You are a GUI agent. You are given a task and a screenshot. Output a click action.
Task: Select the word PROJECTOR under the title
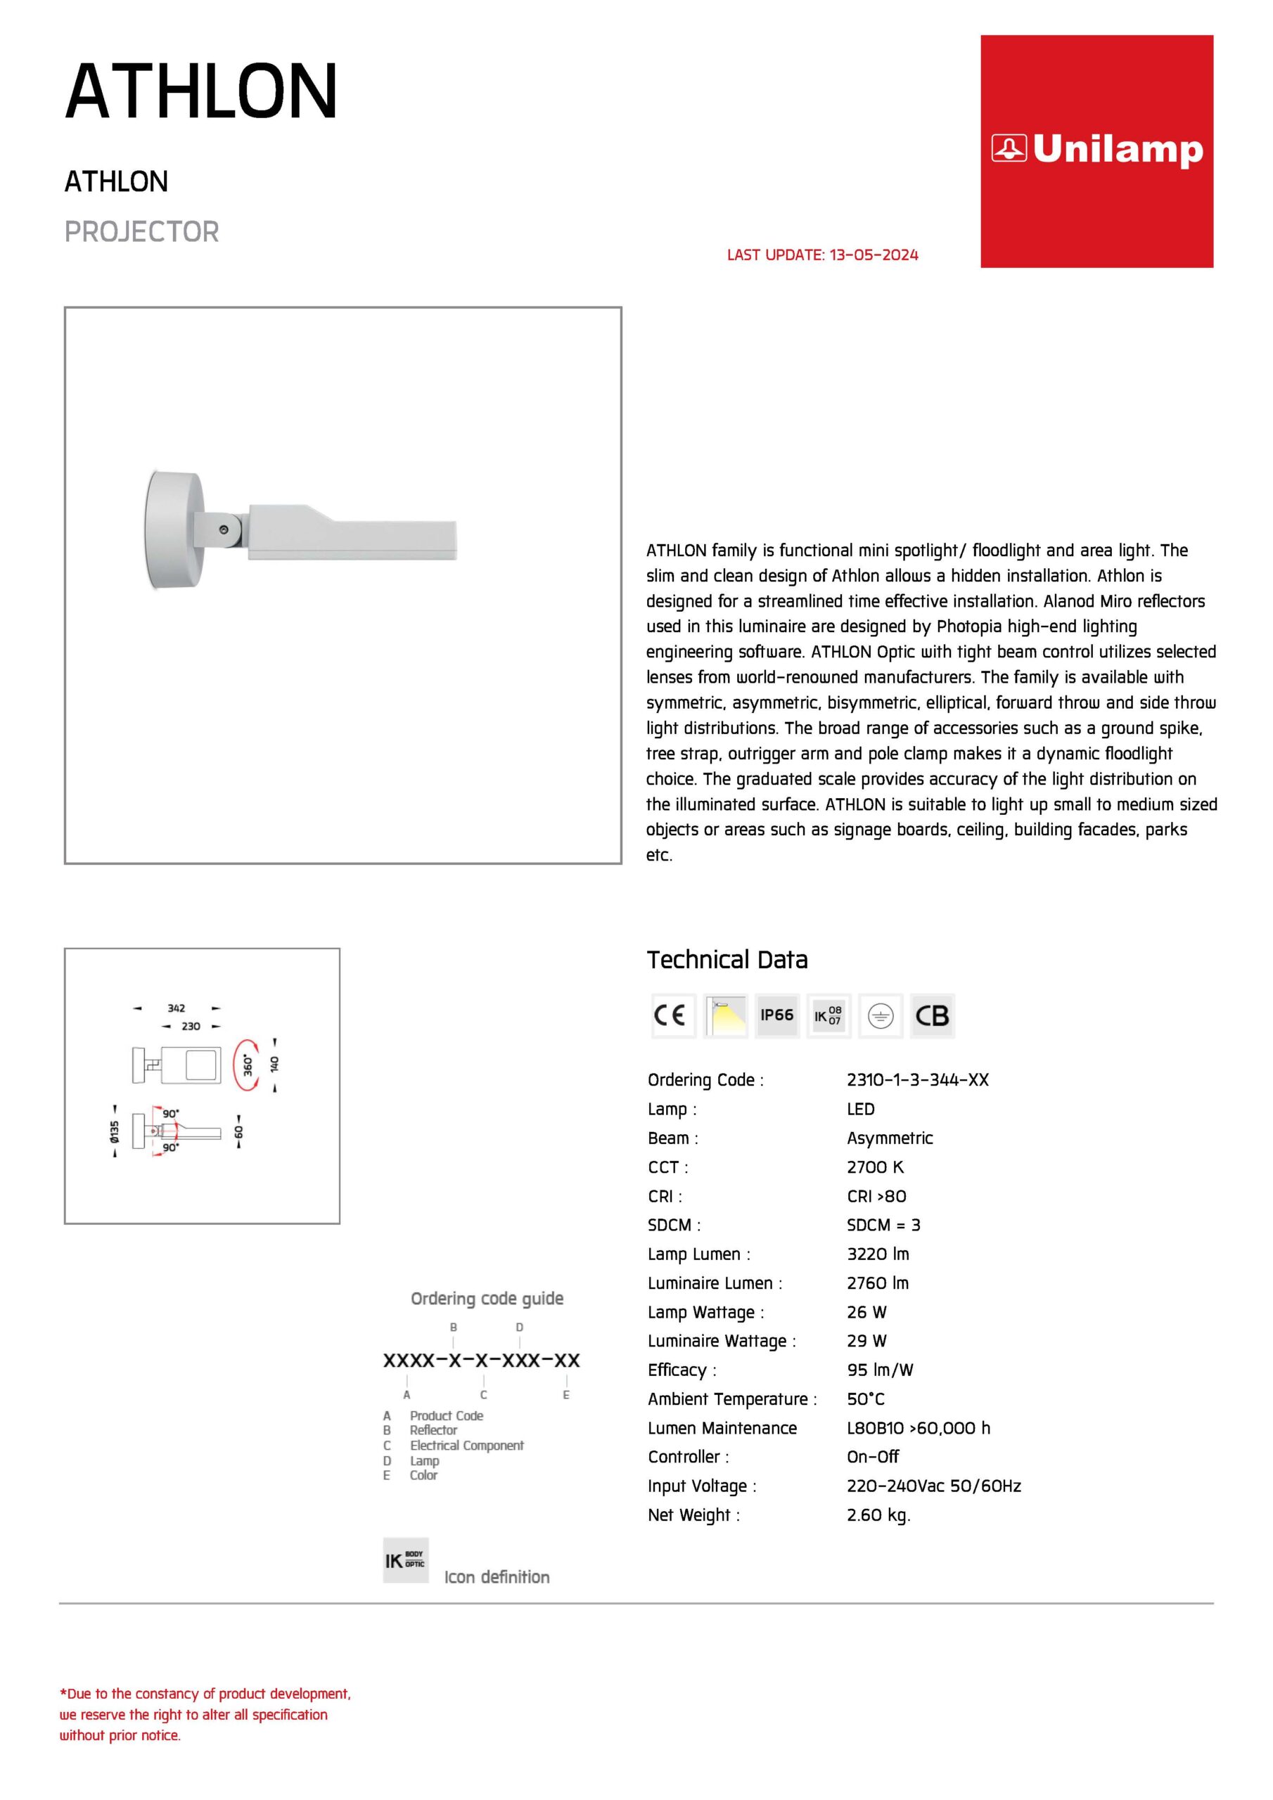(141, 232)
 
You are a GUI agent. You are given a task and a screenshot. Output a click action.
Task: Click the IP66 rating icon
(776, 1015)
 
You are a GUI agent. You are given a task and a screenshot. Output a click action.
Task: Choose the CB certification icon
(932, 1015)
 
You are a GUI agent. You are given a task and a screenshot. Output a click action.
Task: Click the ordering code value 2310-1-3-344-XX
(917, 1079)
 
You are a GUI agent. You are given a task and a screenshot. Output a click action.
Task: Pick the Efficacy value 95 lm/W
(879, 1370)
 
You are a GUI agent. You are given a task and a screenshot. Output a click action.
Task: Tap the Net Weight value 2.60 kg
(878, 1515)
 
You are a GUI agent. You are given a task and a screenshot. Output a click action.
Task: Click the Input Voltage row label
(701, 1486)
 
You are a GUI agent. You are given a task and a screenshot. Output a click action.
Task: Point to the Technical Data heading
(727, 960)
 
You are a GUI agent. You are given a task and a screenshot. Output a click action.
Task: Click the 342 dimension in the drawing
(177, 1008)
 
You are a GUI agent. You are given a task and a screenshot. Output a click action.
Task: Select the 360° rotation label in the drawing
(248, 1065)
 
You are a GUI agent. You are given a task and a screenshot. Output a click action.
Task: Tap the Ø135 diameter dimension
(115, 1131)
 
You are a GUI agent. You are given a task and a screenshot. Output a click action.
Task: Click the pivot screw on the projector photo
(224, 530)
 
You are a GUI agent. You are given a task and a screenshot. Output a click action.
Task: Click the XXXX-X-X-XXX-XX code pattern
(481, 1360)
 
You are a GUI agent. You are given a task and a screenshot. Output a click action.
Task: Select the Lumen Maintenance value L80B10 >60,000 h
(918, 1427)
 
